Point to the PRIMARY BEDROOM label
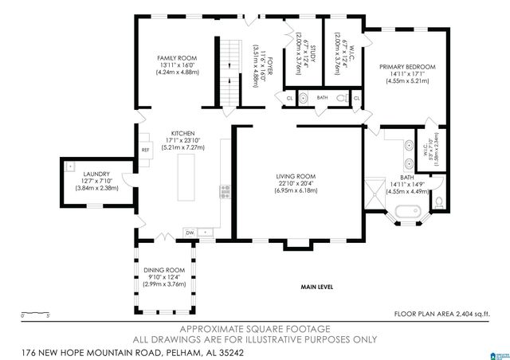point(406,68)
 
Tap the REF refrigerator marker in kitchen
point(146,150)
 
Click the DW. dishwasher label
point(190,232)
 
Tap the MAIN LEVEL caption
point(316,287)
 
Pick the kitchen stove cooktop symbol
point(225,191)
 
